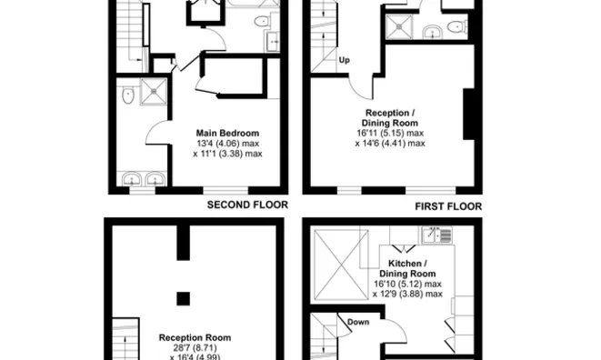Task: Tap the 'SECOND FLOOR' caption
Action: [247, 205]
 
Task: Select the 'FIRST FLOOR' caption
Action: [448, 206]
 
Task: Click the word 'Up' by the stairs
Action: [345, 62]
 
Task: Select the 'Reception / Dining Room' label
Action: [390, 117]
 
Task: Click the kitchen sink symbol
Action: [436, 236]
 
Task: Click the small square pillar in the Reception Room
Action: [183, 298]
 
